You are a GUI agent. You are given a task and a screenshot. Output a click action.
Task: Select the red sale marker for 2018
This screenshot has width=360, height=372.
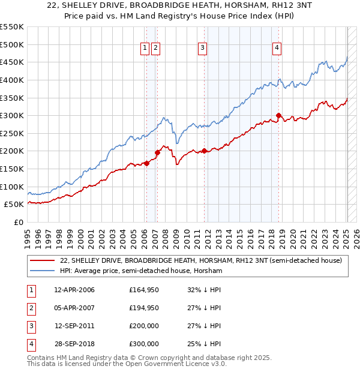pos(278,115)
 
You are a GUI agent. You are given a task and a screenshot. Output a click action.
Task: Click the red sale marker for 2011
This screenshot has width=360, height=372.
pos(204,151)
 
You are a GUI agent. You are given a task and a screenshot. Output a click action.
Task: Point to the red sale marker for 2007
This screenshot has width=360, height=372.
pos(157,152)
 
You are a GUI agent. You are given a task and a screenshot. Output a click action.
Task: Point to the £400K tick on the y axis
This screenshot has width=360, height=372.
pos(12,80)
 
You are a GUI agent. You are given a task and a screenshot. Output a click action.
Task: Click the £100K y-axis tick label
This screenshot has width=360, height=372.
pos(12,187)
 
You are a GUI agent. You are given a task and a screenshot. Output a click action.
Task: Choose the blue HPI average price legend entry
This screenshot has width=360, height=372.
pos(141,271)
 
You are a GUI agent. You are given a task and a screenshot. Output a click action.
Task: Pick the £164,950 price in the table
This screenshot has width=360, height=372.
pos(144,290)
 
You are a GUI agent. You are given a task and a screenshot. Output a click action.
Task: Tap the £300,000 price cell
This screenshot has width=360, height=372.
pos(144,344)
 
